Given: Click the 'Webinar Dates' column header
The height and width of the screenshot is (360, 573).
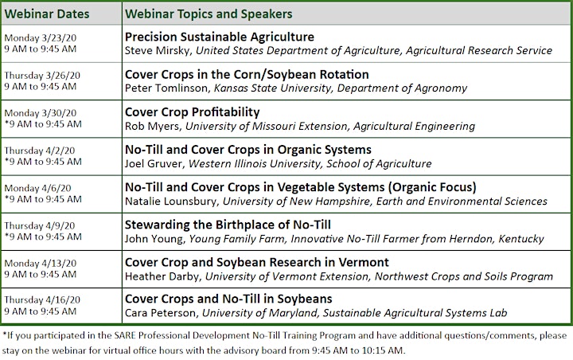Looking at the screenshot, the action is [47, 14].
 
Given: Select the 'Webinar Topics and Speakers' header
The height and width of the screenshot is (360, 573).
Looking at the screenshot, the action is [209, 14].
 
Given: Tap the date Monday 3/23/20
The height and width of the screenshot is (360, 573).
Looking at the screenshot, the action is [41, 37].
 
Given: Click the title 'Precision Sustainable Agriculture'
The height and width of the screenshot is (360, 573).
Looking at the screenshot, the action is [220, 37].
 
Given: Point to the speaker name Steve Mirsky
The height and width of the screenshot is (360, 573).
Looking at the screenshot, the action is [158, 50].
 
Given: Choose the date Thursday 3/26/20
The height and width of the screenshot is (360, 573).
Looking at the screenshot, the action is [42, 76].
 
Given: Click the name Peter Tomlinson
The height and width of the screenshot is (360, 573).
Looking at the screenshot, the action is [167, 88].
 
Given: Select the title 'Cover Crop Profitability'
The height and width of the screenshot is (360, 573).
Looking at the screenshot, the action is [193, 112].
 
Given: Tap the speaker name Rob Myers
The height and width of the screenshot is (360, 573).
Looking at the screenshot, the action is [153, 126].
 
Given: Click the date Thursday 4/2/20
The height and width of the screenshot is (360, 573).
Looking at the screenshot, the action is [40, 151].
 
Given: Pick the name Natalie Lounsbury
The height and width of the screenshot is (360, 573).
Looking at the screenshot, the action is [171, 202].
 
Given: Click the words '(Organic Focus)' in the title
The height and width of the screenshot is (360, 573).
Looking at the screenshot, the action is [432, 187].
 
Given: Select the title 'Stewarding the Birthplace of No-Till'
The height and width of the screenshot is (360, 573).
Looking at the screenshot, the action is [228, 225].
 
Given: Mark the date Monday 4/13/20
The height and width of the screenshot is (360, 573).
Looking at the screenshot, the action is [41, 263].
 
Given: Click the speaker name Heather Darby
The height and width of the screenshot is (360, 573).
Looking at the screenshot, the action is [162, 276].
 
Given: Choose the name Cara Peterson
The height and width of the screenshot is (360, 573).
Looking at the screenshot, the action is [161, 313].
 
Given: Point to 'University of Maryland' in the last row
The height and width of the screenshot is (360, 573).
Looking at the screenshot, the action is [259, 313].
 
